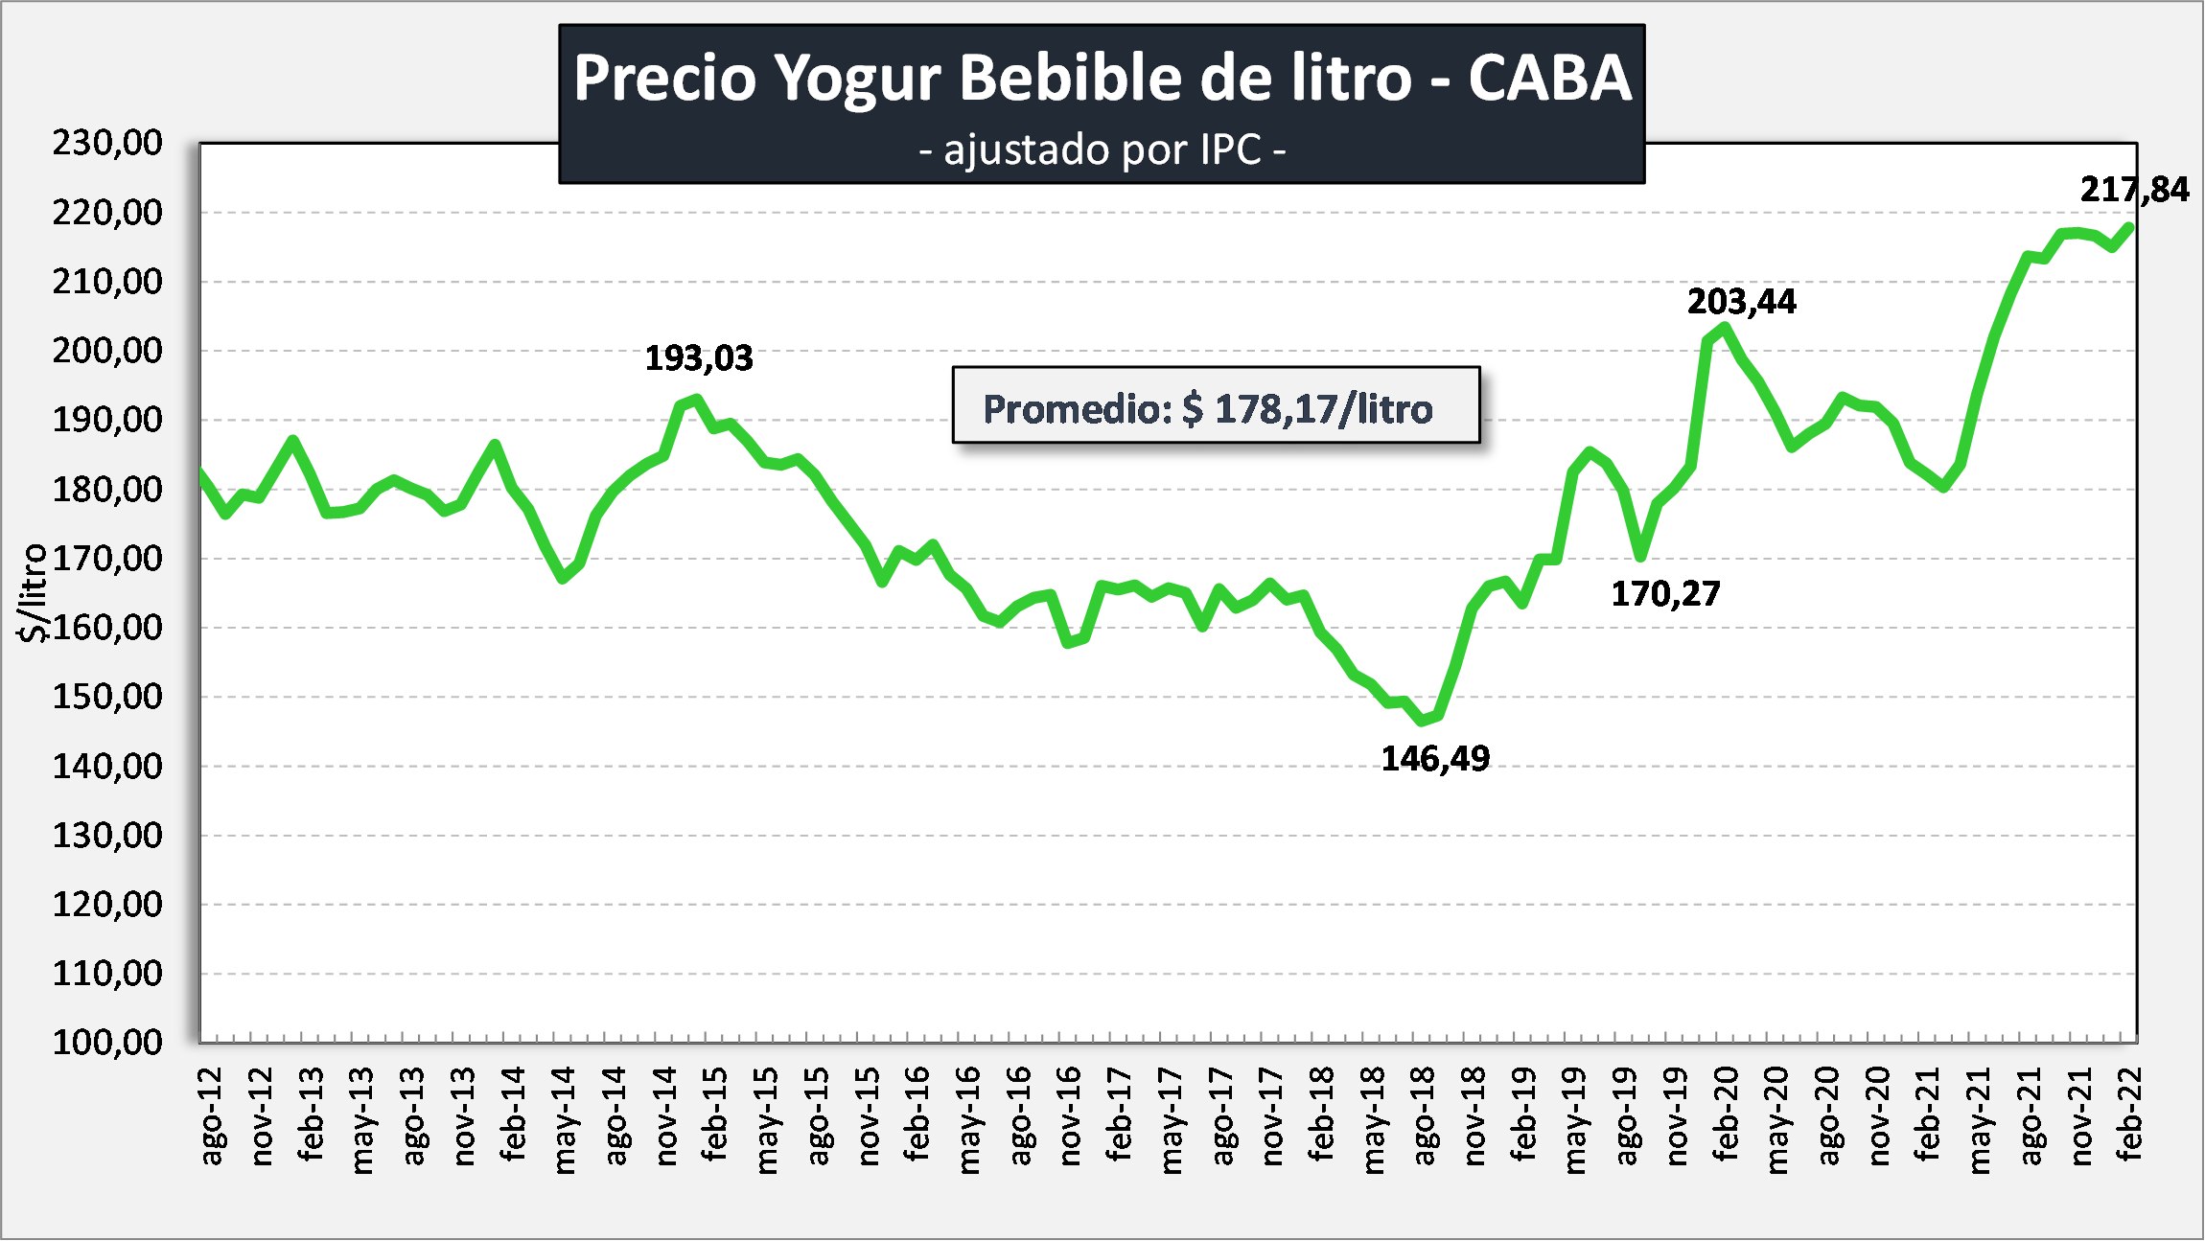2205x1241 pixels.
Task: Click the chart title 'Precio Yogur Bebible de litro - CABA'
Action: click(x=1102, y=77)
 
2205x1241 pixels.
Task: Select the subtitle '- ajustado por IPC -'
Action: click(x=1102, y=150)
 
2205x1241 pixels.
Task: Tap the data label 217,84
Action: click(x=2134, y=190)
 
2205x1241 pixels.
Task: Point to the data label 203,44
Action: click(x=1741, y=302)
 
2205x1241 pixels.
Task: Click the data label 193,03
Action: click(x=698, y=358)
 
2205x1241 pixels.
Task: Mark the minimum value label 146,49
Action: click(x=1434, y=759)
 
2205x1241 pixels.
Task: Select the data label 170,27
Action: click(x=1665, y=594)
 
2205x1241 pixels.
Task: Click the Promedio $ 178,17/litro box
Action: click(x=1215, y=406)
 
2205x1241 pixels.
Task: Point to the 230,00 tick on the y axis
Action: click(x=107, y=143)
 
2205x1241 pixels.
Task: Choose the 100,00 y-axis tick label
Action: click(x=107, y=1042)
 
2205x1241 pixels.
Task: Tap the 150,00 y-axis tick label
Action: click(x=107, y=697)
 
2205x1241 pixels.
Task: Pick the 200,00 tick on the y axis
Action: click(x=107, y=351)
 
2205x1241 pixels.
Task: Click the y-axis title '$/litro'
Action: click(x=33, y=592)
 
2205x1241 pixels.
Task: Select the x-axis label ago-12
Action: click(x=210, y=1116)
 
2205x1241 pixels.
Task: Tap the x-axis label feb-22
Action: click(x=2127, y=1115)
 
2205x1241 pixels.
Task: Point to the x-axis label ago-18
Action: click(x=1423, y=1116)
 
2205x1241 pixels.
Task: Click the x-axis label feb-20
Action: click(x=1726, y=1115)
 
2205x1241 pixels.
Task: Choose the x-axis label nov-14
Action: click(x=665, y=1116)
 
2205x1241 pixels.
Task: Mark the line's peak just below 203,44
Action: click(x=1725, y=328)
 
